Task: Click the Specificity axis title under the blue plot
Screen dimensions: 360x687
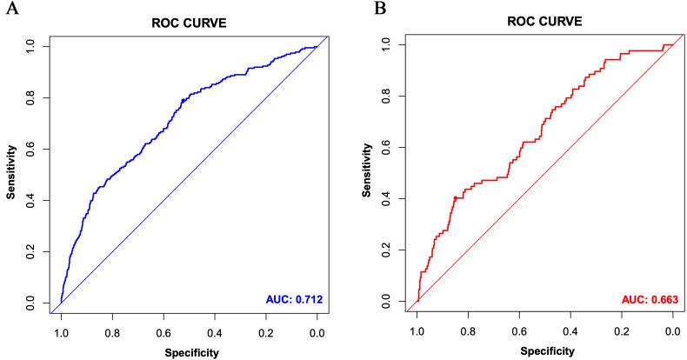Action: click(x=189, y=352)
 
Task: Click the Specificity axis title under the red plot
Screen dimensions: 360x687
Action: click(x=545, y=352)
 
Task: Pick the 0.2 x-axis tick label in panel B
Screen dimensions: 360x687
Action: click(x=622, y=331)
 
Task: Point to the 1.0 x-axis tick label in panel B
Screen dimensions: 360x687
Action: click(x=417, y=331)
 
